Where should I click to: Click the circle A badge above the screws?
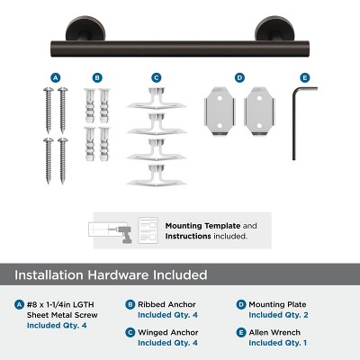[x=56, y=78]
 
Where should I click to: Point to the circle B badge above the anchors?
[x=97, y=78]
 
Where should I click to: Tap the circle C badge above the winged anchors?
[x=156, y=78]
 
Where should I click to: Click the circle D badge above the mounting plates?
[x=238, y=78]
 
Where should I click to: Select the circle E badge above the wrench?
[x=304, y=78]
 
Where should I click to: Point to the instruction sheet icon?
[x=148, y=229]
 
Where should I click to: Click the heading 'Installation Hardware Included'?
[x=110, y=274]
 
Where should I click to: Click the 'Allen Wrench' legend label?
[x=274, y=332]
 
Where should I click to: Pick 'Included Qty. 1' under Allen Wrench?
[x=277, y=343]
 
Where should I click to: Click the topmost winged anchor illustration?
[x=156, y=97]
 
